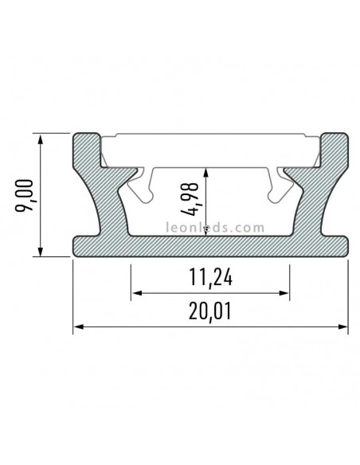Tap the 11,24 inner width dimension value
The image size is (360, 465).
pyautogui.click(x=211, y=279)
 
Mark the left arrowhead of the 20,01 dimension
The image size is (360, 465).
pyautogui.click(x=78, y=326)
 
